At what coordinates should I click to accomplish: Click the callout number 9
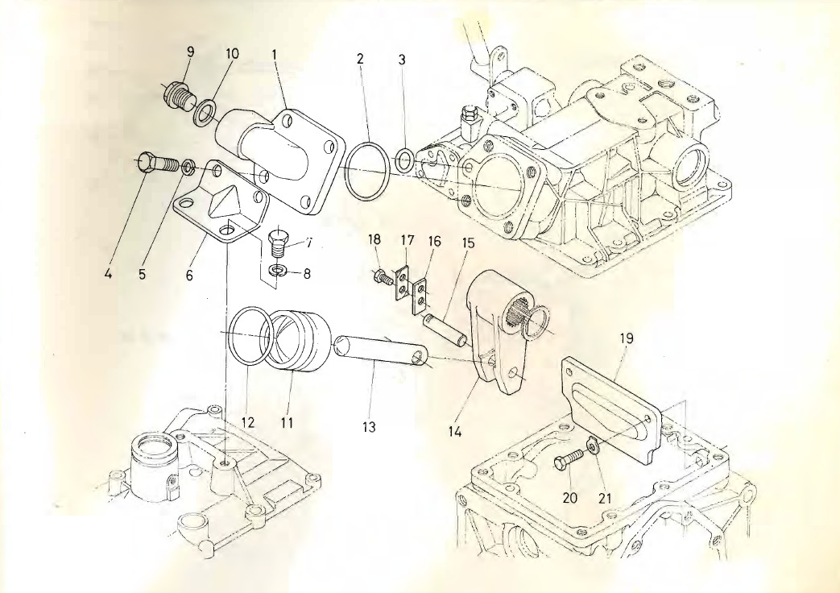pos(190,52)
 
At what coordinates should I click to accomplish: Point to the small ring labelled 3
pos(406,160)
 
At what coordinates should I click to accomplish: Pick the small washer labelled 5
pos(188,167)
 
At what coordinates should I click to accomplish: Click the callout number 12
pos(248,421)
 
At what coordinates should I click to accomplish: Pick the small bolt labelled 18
pos(381,278)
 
